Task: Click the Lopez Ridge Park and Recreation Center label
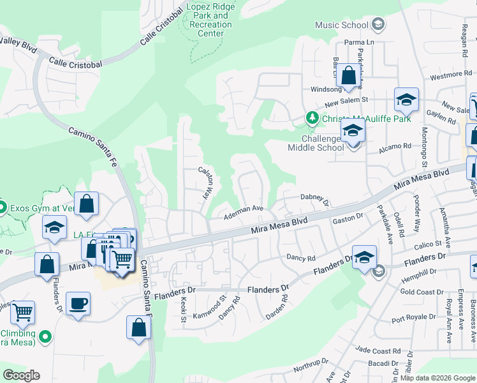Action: (x=210, y=20)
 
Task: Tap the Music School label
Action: (x=342, y=26)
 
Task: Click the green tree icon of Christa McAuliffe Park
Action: (x=312, y=117)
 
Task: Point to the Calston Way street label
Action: (x=205, y=182)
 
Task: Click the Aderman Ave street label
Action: (x=244, y=212)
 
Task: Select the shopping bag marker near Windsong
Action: (x=349, y=75)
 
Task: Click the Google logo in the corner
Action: (x=21, y=375)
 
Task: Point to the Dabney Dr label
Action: (x=314, y=200)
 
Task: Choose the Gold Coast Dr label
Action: (x=422, y=292)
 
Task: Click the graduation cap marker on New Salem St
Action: (x=406, y=100)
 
